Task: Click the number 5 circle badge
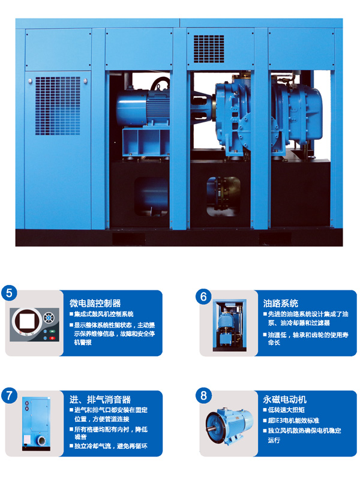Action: pyautogui.click(x=9, y=293)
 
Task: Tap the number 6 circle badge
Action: pyautogui.click(x=203, y=296)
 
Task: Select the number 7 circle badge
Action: pyautogui.click(x=9, y=395)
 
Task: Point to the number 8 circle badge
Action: pyautogui.click(x=203, y=395)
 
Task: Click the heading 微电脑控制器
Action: pyautogui.click(x=95, y=303)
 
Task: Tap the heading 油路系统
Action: pyautogui.click(x=280, y=303)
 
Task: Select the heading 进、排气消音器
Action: pyautogui.click(x=100, y=399)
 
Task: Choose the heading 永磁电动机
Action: pyautogui.click(x=284, y=399)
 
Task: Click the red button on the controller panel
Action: pyautogui.click(x=52, y=338)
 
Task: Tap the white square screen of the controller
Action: pyautogui.click(x=27, y=321)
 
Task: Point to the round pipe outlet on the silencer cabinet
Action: pyautogui.click(x=41, y=441)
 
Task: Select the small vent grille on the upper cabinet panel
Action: pyautogui.click(x=209, y=49)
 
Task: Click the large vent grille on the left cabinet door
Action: pyautogui.click(x=58, y=106)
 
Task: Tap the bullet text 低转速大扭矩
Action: pyautogui.click(x=286, y=410)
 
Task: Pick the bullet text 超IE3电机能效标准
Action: pyautogui.click(x=293, y=421)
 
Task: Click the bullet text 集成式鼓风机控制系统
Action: pyautogui.click(x=104, y=314)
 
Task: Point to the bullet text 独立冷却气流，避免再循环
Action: pyautogui.click(x=111, y=446)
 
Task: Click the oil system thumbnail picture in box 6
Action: pyautogui.click(x=230, y=325)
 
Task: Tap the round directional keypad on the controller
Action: pyautogui.click(x=48, y=318)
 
